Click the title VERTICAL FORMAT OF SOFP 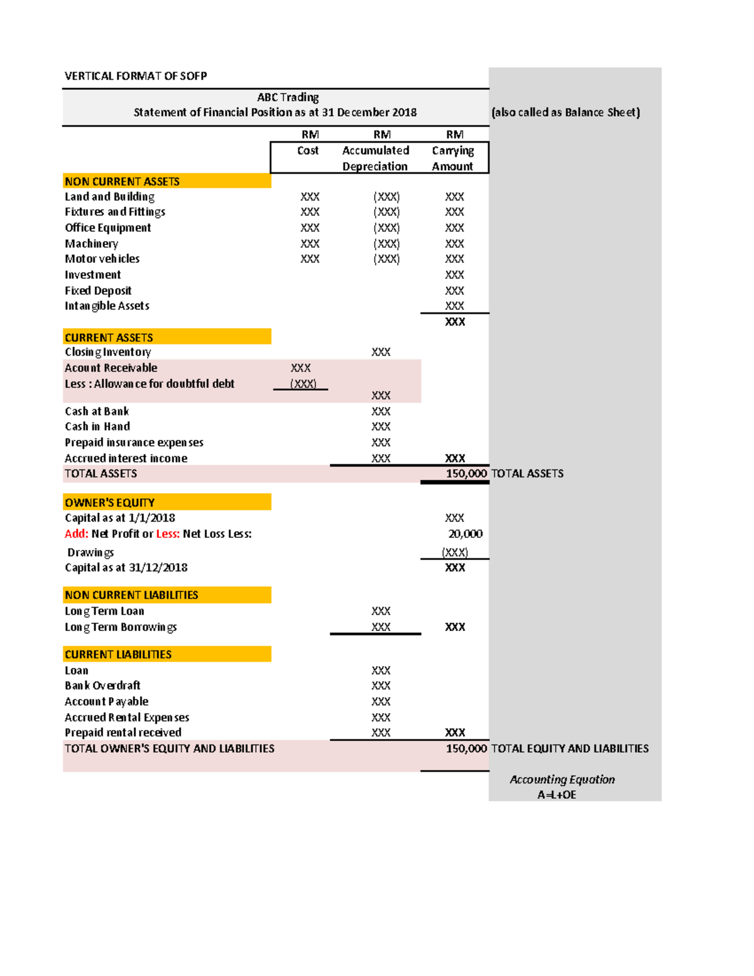(136, 76)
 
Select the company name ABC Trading (288, 97)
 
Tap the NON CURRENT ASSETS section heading (122, 182)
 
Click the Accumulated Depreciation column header (375, 158)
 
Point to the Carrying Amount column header (452, 158)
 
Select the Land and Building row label (109, 197)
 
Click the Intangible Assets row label (107, 306)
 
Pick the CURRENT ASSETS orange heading (109, 337)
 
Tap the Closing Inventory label (107, 352)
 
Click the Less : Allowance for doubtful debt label (150, 384)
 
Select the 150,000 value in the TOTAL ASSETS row (466, 474)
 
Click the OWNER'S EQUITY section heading (109, 503)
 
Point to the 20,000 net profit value (465, 534)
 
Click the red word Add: (77, 534)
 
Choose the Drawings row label (90, 552)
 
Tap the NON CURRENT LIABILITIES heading (131, 595)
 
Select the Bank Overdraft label (102, 686)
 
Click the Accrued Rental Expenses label (127, 718)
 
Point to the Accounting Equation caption (562, 780)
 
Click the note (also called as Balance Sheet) (565, 112)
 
